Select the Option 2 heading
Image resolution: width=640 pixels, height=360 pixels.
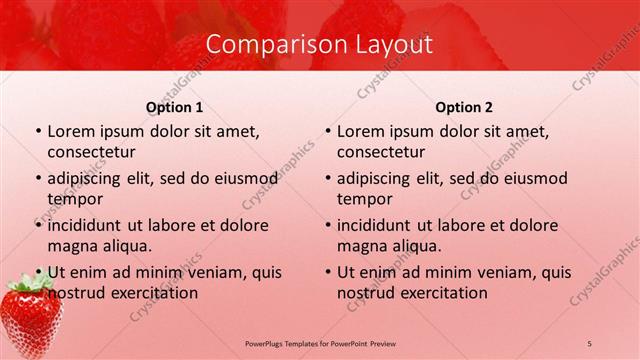[464, 107]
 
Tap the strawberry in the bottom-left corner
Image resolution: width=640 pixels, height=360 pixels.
[30, 319]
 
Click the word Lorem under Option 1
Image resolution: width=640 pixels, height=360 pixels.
[71, 131]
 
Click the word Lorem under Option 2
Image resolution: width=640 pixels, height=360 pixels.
[361, 131]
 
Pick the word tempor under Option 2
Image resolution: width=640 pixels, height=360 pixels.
[363, 198]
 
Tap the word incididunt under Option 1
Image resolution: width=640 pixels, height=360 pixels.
[86, 226]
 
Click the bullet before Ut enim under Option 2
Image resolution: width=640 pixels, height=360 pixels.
[329, 272]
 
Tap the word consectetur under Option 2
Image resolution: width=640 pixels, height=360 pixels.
[381, 151]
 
